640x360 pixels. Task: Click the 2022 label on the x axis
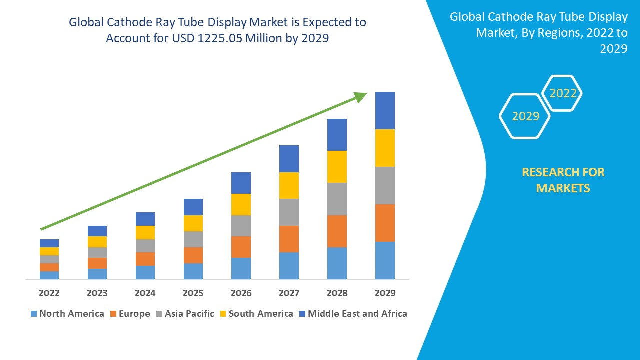pyautogui.click(x=49, y=293)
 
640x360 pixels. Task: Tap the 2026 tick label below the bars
pyautogui.click(x=241, y=293)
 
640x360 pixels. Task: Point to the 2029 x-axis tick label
pyautogui.click(x=385, y=293)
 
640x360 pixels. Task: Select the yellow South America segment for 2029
pyautogui.click(x=385, y=148)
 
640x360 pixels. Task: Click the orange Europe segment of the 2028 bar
pyautogui.click(x=337, y=231)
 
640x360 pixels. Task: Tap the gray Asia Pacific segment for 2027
pyautogui.click(x=289, y=212)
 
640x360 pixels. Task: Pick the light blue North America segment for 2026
pyautogui.click(x=241, y=268)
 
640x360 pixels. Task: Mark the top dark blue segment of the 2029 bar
pyautogui.click(x=385, y=110)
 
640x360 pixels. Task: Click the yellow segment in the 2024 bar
pyautogui.click(x=145, y=232)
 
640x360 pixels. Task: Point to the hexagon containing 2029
pyautogui.click(x=525, y=116)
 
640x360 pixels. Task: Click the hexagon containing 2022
pyautogui.click(x=563, y=93)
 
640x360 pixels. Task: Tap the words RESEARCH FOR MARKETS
pyautogui.click(x=563, y=180)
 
